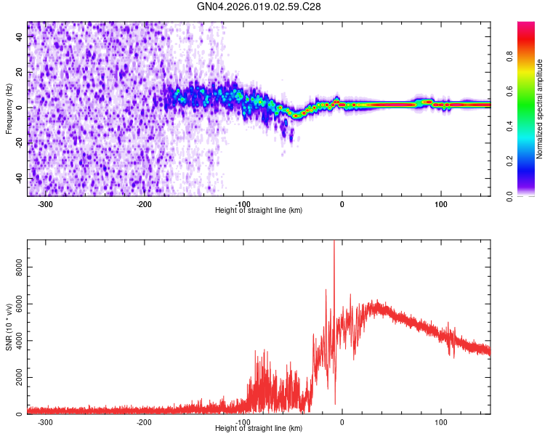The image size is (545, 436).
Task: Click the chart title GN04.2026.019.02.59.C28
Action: (x=259, y=7)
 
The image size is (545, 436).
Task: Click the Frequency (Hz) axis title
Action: (x=9, y=108)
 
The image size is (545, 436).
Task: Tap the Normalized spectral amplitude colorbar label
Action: (x=539, y=109)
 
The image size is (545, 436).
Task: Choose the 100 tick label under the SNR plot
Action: (x=441, y=422)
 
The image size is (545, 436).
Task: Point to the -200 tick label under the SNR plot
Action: (x=144, y=422)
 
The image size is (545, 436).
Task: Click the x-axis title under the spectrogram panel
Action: (x=259, y=211)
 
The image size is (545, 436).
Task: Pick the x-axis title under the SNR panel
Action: (x=259, y=429)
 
